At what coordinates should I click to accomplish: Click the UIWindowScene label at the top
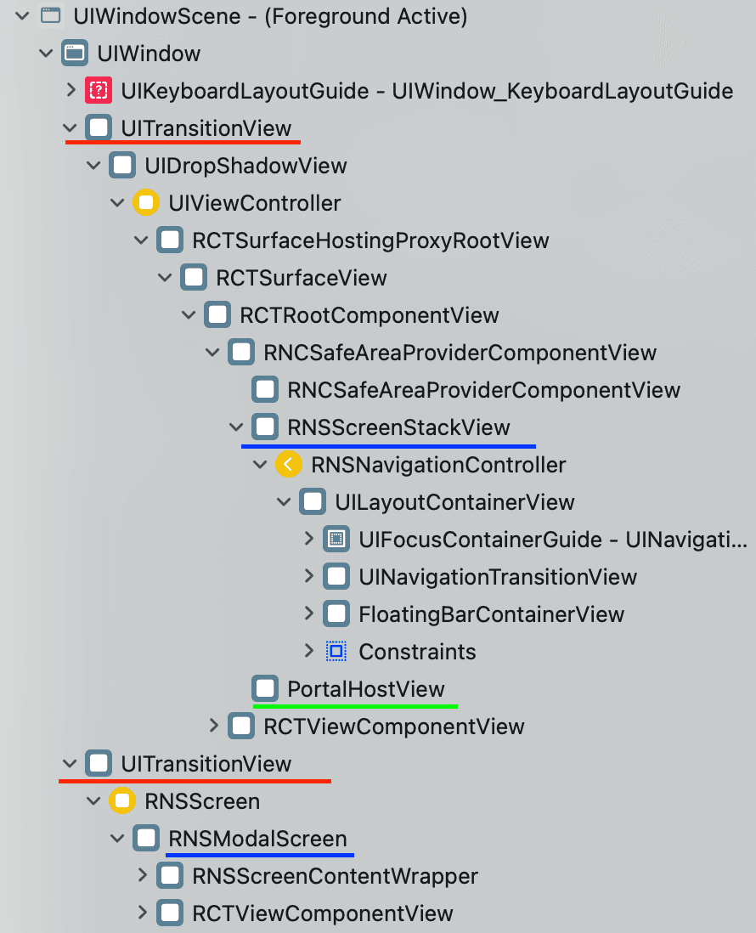(269, 15)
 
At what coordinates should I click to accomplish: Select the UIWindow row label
(149, 54)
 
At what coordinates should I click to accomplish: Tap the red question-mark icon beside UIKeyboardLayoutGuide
(99, 90)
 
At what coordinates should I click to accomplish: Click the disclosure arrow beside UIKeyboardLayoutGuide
(71, 90)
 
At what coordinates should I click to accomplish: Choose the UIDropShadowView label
(245, 165)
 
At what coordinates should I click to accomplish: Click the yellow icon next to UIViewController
(146, 203)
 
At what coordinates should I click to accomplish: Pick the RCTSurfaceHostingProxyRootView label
(370, 240)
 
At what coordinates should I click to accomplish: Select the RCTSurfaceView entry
(301, 278)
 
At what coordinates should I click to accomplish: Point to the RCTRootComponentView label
(369, 315)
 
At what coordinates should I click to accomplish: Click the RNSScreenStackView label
(398, 427)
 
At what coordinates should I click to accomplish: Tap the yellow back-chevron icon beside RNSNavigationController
(289, 465)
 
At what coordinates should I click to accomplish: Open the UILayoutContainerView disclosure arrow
(285, 502)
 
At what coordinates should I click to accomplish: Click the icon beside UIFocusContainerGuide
(336, 540)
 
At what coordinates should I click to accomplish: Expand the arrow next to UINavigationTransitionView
(308, 577)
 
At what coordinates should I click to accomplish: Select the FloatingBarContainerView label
(491, 614)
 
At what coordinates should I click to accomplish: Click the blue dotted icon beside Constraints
(336, 652)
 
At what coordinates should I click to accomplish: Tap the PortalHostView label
(365, 688)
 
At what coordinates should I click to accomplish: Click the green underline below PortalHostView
(355, 705)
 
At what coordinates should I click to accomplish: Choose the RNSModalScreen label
(257, 839)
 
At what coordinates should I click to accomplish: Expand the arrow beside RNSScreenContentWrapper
(142, 875)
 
